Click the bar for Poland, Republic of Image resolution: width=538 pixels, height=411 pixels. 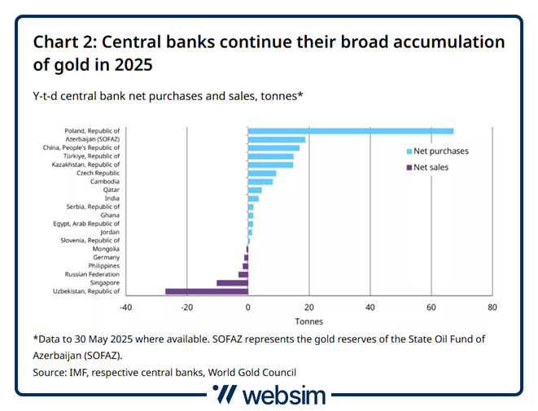[x=350, y=130]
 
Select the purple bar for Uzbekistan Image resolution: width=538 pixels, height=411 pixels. [x=206, y=291]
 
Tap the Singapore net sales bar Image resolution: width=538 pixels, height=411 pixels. [x=232, y=282]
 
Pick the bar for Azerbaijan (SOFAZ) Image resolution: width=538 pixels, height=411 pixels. [x=276, y=139]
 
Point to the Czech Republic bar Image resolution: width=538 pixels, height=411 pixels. [x=262, y=173]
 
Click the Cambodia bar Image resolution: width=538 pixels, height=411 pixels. [x=260, y=181]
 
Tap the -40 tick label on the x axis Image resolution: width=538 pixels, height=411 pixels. [x=125, y=308]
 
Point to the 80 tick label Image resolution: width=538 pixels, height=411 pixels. [x=492, y=308]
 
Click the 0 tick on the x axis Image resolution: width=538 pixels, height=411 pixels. [x=247, y=308]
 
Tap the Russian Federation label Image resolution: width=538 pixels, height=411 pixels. [x=94, y=274]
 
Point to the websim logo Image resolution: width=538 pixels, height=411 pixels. [x=269, y=396]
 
